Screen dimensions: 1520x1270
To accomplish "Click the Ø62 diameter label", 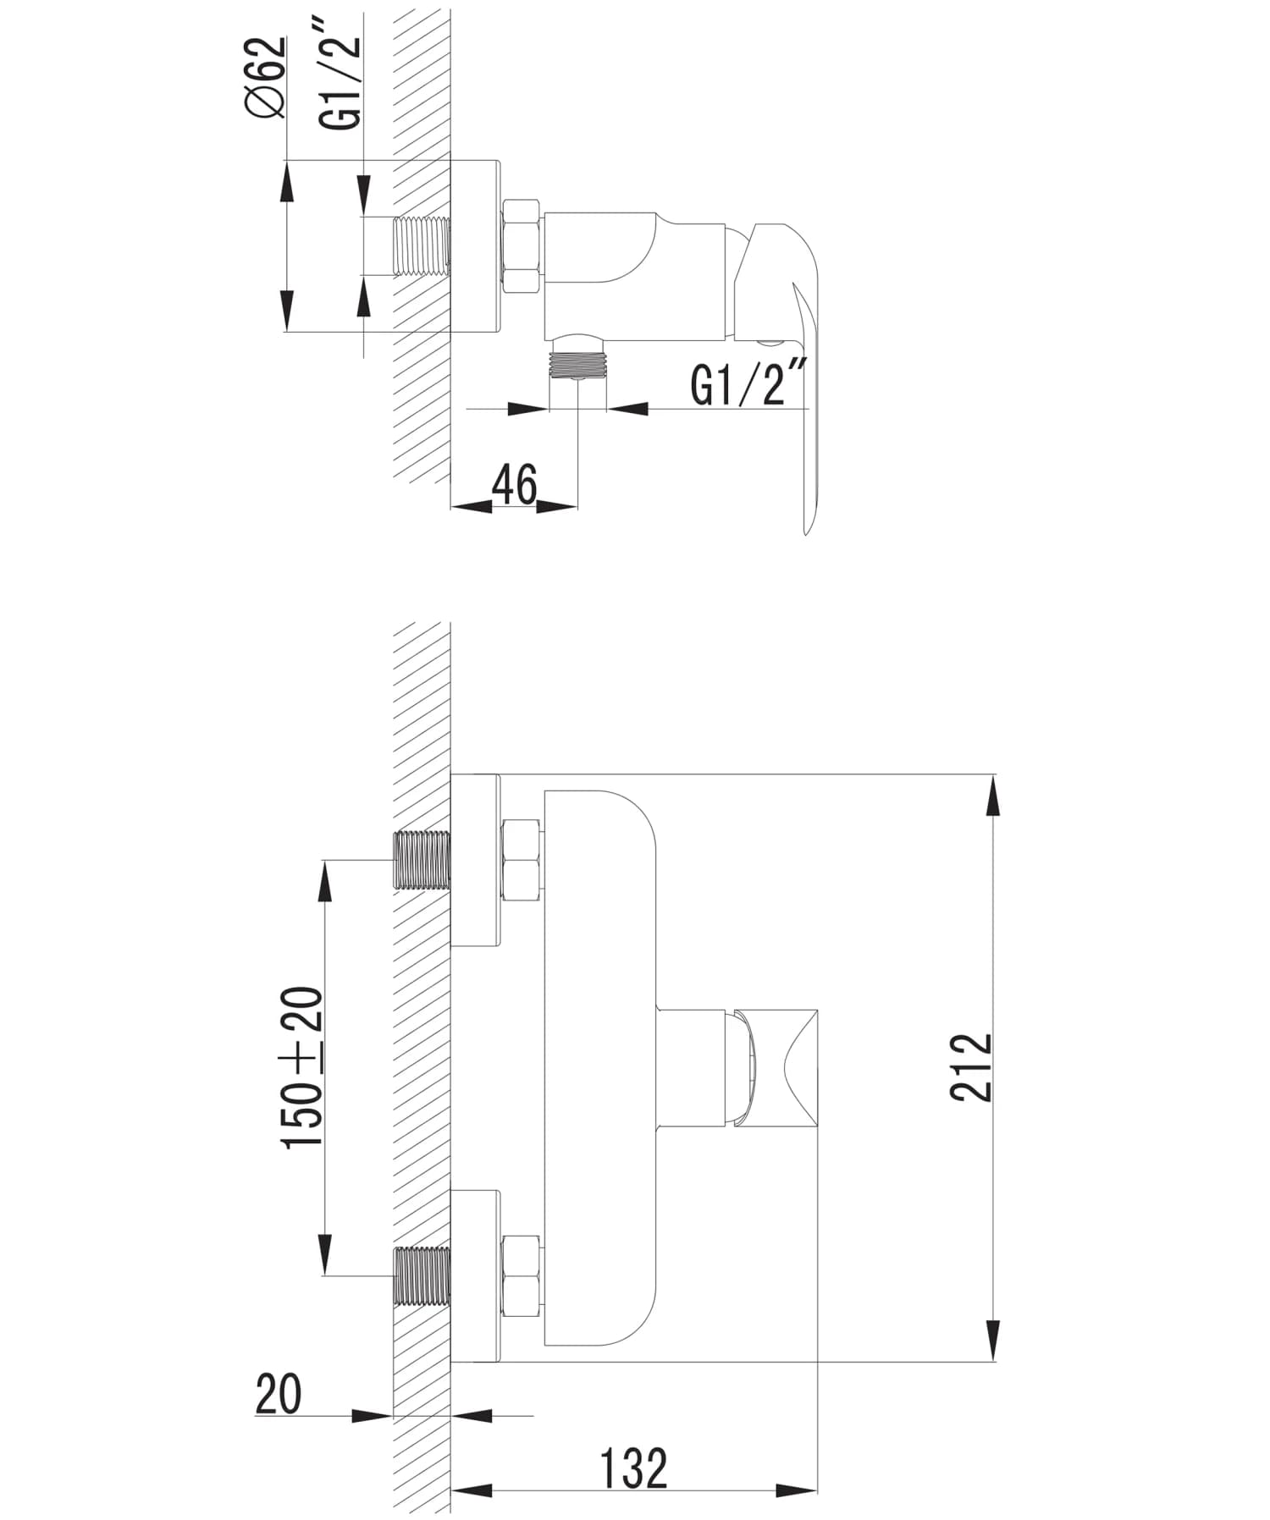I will point(266,78).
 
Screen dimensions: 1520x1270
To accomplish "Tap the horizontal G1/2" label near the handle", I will point(749,383).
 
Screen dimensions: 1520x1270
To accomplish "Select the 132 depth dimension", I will point(634,1468).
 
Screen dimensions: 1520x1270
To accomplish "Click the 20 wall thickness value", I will point(279,1395).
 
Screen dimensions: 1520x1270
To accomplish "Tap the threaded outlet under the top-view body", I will point(577,363).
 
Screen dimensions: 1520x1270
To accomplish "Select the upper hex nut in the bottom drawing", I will point(522,861).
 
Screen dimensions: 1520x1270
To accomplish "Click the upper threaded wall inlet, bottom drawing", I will point(422,861).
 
